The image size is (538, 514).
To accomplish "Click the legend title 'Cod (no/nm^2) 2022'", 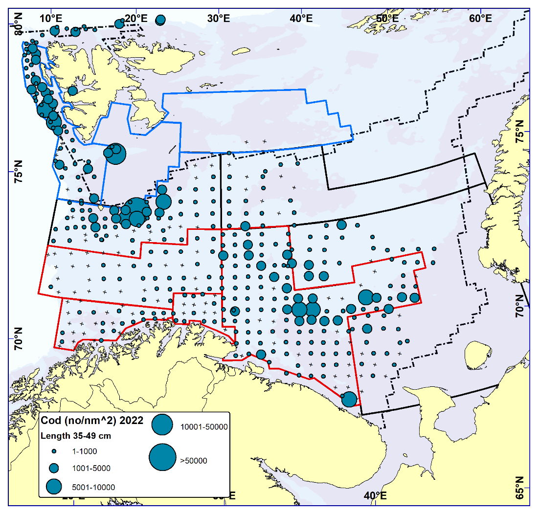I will [91, 421].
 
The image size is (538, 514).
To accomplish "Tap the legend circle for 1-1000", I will [54, 451].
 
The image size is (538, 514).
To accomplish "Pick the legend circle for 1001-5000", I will [54, 468].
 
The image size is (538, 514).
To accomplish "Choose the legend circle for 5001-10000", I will [54, 487].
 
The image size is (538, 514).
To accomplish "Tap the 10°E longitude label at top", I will [51, 19].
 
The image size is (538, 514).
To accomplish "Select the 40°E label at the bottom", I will [376, 495].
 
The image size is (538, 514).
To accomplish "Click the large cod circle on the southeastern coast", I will [349, 400].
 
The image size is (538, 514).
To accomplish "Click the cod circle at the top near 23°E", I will [160, 20].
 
